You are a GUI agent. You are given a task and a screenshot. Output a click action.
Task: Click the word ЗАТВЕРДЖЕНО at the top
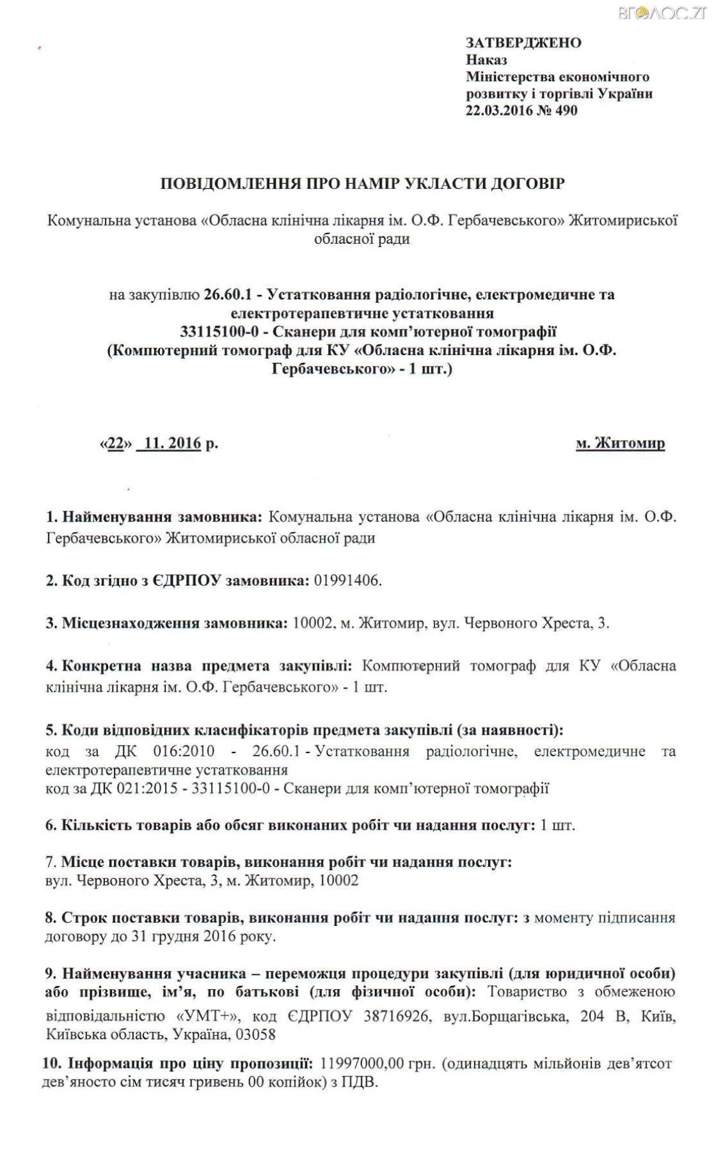pos(523,43)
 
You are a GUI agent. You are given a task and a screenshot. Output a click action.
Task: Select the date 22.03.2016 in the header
pos(496,110)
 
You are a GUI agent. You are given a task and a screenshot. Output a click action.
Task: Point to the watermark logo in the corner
pos(662,13)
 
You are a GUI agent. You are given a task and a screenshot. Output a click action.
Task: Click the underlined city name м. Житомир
pos(620,443)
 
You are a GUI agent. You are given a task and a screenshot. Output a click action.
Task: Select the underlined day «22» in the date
pos(116,443)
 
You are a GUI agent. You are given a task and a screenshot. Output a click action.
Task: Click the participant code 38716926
pos(396,1017)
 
